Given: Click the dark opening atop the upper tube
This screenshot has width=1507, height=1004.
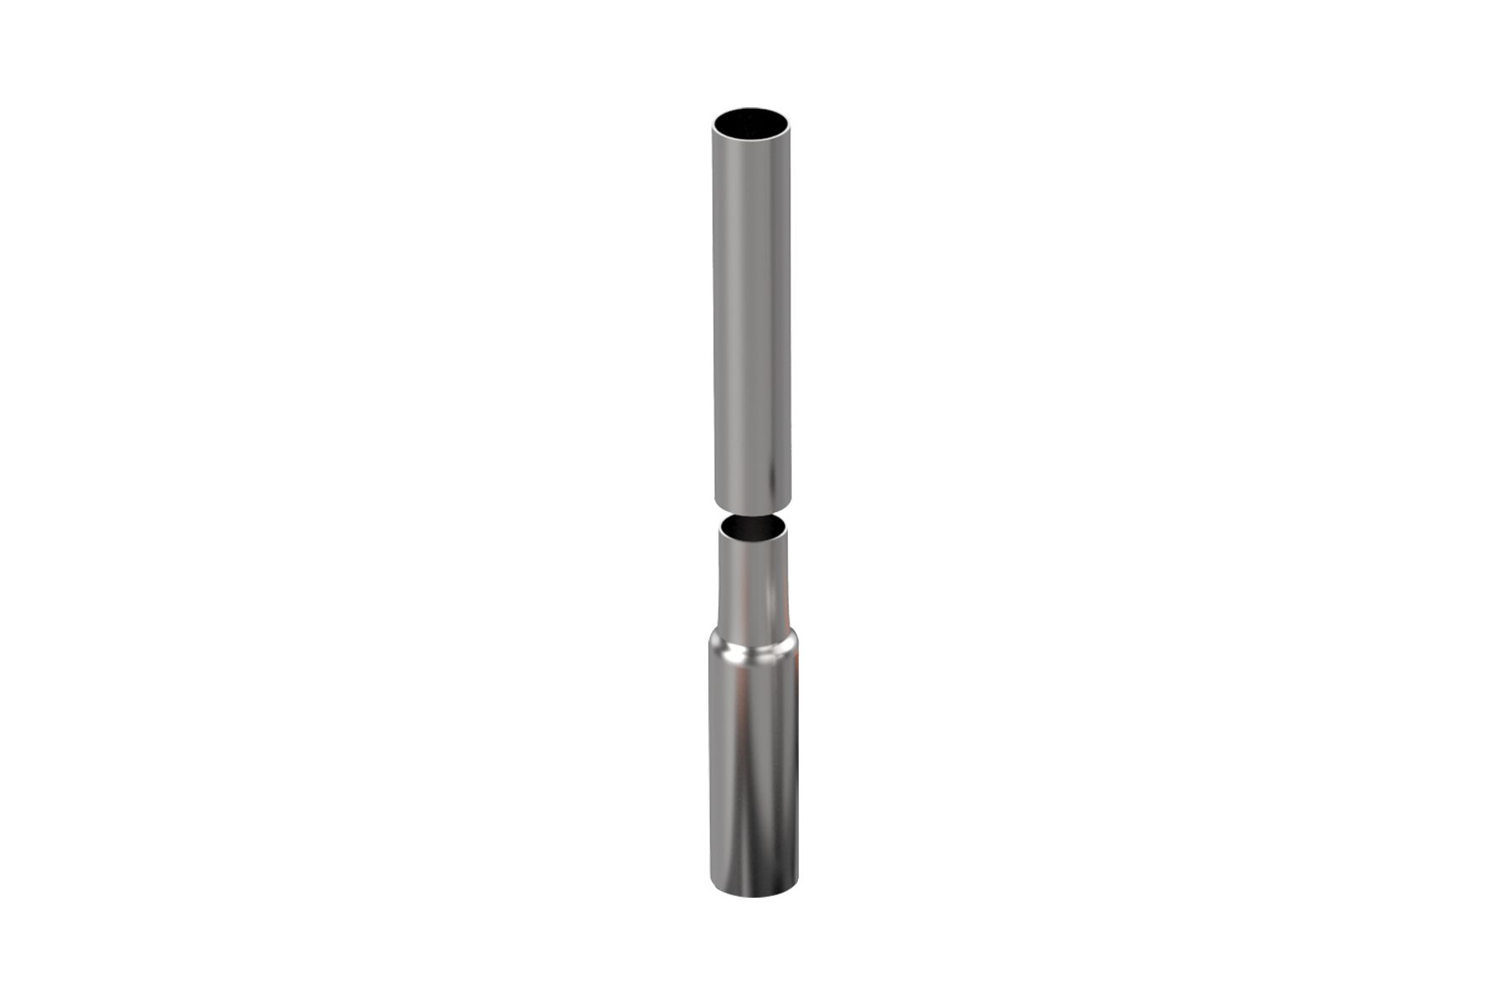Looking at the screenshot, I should tap(753, 123).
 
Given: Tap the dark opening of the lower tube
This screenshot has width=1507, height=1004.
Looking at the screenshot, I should tap(753, 528).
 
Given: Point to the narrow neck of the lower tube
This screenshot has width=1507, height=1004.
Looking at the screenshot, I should tap(753, 581).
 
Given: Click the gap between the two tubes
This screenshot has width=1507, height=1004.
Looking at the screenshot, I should tap(753, 512).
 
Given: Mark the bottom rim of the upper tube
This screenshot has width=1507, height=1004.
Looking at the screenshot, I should tap(753, 508).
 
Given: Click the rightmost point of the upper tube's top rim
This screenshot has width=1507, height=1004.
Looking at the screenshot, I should tap(791, 125).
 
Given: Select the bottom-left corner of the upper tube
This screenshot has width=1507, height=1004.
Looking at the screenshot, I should tap(714, 500).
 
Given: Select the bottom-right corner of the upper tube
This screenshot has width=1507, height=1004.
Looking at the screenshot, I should tap(791, 500).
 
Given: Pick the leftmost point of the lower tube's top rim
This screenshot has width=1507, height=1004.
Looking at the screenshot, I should tap(719, 530).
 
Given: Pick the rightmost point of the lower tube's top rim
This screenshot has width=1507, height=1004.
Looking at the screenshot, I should tap(787, 530).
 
